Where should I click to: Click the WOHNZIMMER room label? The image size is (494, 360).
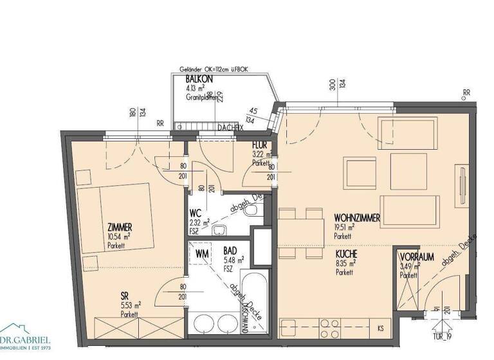(356, 219)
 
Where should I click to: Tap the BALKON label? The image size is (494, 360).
(199, 79)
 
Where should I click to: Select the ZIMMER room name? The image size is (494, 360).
(121, 228)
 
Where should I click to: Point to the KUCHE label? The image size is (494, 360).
(345, 255)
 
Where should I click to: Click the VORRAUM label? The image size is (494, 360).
(416, 256)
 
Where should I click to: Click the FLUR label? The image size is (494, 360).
(260, 146)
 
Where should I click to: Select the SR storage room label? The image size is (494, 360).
(125, 296)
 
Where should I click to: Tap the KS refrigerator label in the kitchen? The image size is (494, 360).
(381, 328)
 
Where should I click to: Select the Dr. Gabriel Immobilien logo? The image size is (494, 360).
(26, 339)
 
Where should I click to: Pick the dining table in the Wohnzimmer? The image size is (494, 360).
(300, 233)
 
